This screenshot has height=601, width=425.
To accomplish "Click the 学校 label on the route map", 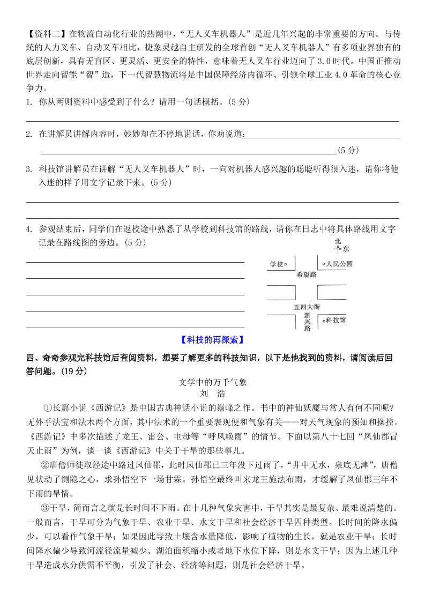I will [x=276, y=264].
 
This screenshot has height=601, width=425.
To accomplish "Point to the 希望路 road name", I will [x=307, y=274].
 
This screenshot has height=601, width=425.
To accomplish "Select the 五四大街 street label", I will [x=307, y=307].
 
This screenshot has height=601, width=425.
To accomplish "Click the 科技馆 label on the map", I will [x=335, y=320].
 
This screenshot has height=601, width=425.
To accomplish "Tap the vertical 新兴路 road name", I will [x=307, y=322].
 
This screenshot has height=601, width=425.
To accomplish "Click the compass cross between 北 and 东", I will [x=337, y=249].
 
